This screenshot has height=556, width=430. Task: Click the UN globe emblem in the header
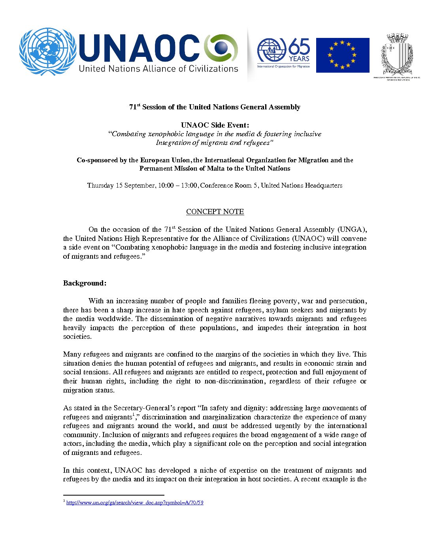[48, 51]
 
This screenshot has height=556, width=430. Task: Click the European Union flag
[343, 55]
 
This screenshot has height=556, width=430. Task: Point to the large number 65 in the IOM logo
[299, 47]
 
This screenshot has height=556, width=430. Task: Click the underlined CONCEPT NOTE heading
[215, 212]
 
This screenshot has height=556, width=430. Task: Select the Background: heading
[85, 283]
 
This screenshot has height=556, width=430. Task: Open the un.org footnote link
[135, 503]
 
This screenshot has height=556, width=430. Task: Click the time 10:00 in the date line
[166, 186]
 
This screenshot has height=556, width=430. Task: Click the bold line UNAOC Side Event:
[215, 125]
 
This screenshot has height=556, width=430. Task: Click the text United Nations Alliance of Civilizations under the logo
[158, 69]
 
